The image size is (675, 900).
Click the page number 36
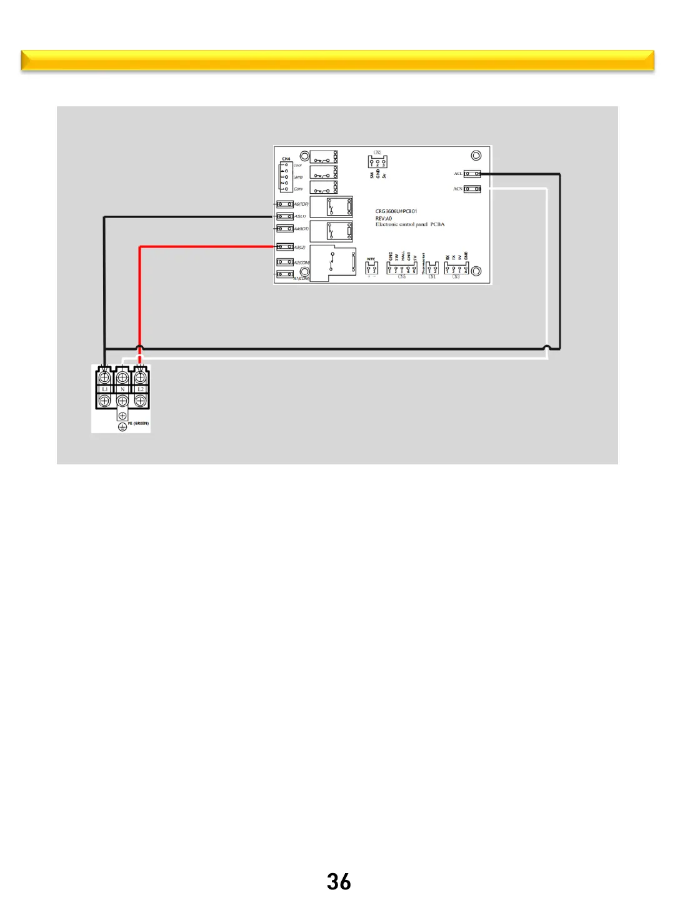(x=339, y=882)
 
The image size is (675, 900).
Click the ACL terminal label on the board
(x=458, y=174)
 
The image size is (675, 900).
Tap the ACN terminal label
(x=458, y=189)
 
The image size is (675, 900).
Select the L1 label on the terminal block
(x=105, y=389)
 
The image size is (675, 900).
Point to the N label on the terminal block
(x=122, y=389)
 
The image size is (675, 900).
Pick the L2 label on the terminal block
(x=141, y=389)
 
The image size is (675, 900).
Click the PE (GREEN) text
(x=139, y=424)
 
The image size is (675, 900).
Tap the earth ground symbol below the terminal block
(x=122, y=427)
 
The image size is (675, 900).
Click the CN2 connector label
(x=377, y=152)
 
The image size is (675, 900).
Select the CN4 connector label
(x=286, y=159)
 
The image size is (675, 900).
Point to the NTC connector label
(x=371, y=259)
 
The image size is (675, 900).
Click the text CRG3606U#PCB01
(x=396, y=211)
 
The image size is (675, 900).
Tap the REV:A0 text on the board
(x=384, y=218)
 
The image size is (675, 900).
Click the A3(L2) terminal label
(x=300, y=247)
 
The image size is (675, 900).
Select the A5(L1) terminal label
(x=301, y=216)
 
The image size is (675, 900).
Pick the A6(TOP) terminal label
(x=301, y=204)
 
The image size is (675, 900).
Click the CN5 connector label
(x=402, y=276)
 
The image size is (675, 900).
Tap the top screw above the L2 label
(x=141, y=377)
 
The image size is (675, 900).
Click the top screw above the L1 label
(x=105, y=377)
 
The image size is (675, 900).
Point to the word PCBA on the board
(x=437, y=224)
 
